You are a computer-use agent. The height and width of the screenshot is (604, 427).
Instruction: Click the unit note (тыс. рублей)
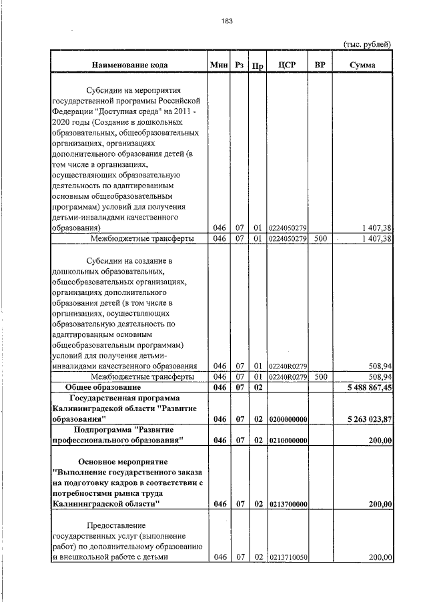tap(366, 44)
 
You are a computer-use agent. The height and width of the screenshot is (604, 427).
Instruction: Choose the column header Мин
tap(218, 65)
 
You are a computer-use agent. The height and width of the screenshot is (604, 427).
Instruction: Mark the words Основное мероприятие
tap(123, 461)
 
